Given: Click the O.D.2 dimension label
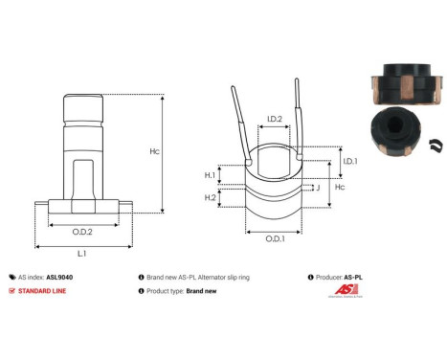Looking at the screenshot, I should click(82, 233).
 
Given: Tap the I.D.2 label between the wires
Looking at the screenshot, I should click(274, 120).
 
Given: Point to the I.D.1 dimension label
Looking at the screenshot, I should click(350, 161).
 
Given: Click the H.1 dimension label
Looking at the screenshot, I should click(210, 175).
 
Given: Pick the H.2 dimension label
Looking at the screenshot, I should click(210, 197).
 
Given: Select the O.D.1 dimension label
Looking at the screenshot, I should click(275, 237).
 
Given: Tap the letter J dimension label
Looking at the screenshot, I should click(317, 189).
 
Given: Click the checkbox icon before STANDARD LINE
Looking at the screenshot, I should click(11, 290).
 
